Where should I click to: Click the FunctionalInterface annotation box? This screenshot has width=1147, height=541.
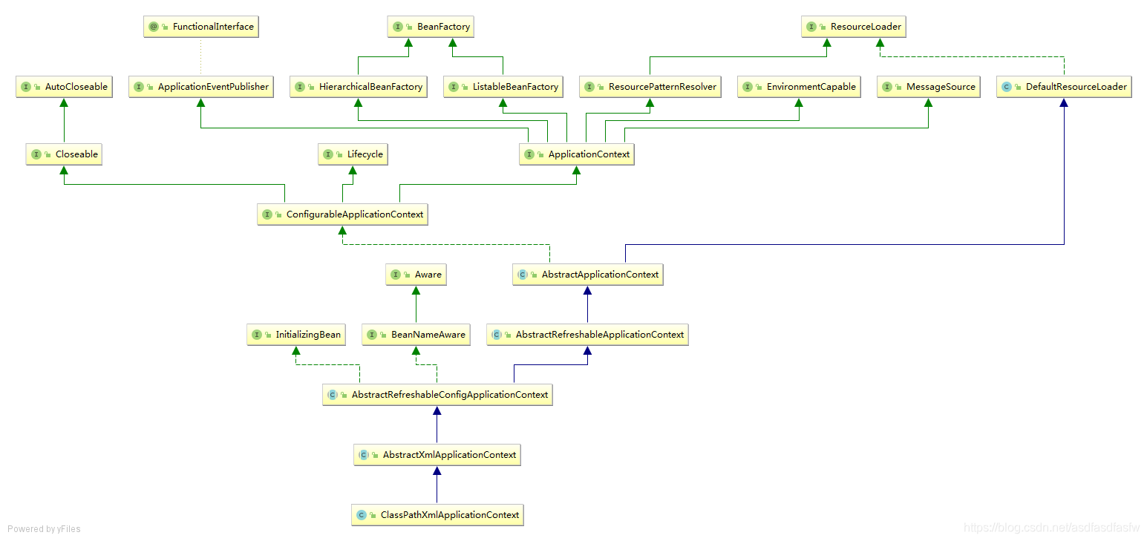[x=200, y=27]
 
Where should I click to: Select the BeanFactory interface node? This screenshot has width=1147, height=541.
[x=431, y=27]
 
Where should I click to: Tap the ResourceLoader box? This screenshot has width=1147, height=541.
[x=854, y=27]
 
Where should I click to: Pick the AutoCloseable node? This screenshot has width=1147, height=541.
[x=64, y=87]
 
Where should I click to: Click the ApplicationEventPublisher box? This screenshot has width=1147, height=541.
[x=200, y=87]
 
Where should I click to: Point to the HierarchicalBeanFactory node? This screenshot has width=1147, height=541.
[x=359, y=87]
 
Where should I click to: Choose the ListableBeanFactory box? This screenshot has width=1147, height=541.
[x=503, y=87]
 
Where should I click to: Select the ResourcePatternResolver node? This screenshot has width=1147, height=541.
[x=650, y=87]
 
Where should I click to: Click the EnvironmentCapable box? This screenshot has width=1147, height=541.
[x=799, y=87]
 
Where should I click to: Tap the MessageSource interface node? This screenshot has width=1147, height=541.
[x=928, y=87]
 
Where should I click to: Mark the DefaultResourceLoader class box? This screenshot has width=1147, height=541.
[x=1064, y=87]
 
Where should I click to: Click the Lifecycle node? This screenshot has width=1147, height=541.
[x=353, y=154]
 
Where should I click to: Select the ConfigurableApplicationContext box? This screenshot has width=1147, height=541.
[x=342, y=214]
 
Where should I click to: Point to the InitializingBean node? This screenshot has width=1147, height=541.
[x=296, y=335]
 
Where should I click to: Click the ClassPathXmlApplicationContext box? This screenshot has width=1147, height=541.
[x=437, y=515]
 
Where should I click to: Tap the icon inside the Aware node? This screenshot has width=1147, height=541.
[x=396, y=275]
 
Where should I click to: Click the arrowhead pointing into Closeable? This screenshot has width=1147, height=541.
[x=64, y=170]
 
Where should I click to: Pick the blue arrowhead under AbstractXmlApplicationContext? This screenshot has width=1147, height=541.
[x=437, y=470]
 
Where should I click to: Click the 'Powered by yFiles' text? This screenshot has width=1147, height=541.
[x=44, y=528]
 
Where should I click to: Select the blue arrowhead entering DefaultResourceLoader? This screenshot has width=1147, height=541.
[x=1064, y=102]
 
